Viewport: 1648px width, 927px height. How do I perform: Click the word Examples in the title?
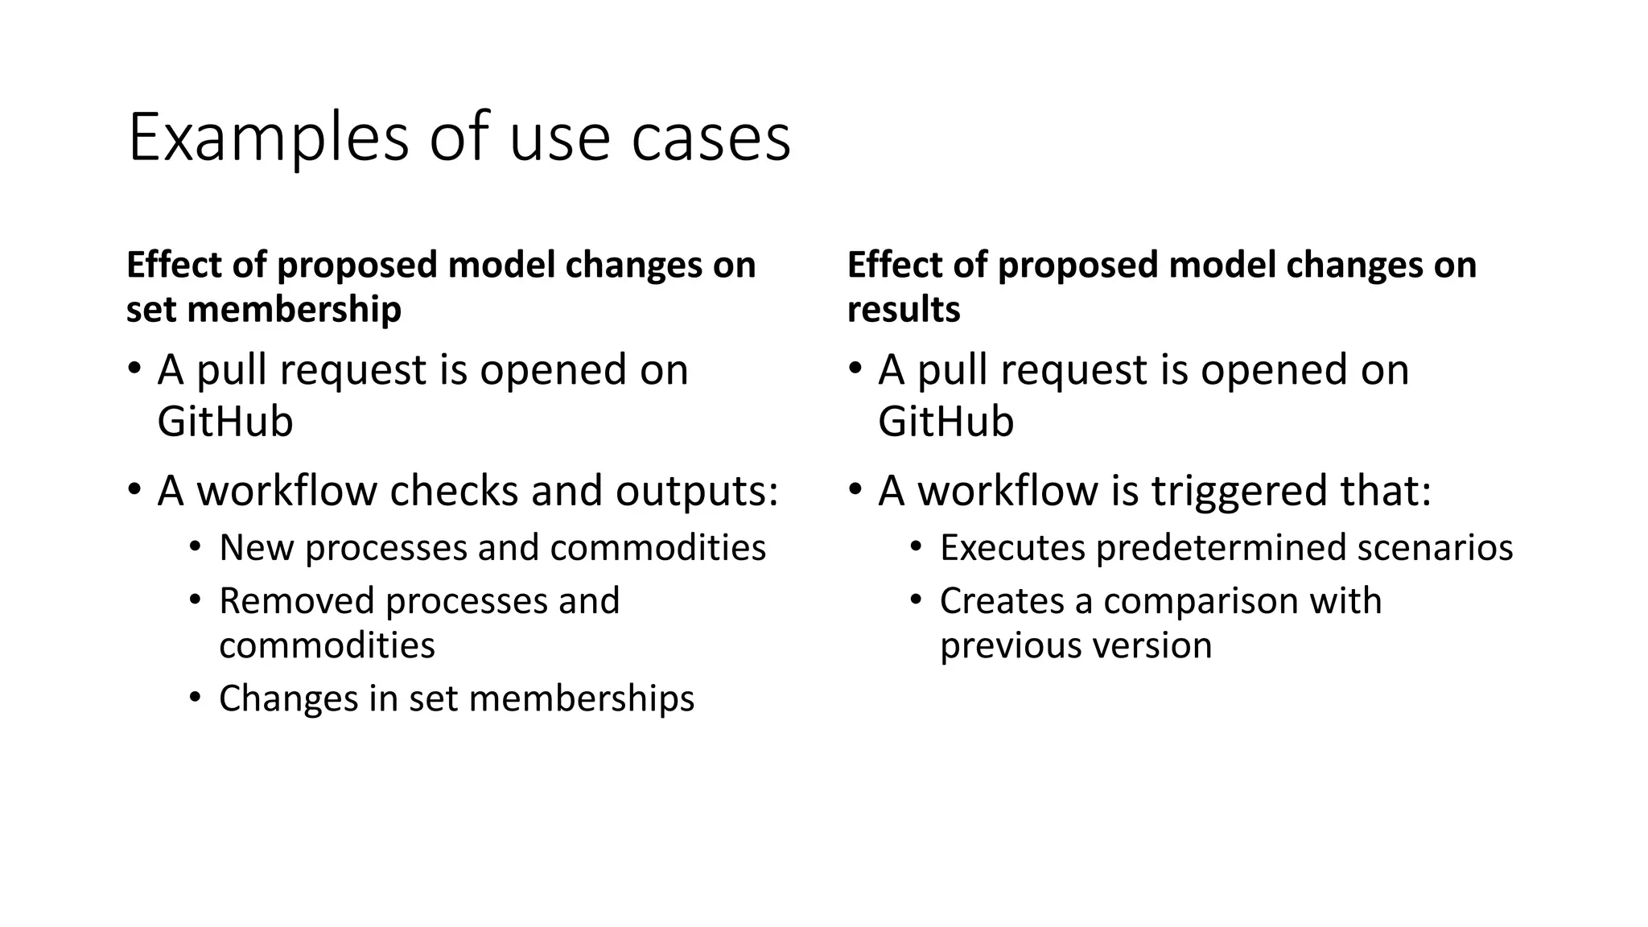[268, 138]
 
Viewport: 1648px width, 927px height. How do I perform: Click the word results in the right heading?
[903, 309]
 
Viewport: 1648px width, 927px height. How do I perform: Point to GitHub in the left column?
[225, 421]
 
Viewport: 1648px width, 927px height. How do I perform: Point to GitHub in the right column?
[946, 421]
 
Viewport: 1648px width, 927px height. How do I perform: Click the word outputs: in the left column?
[697, 490]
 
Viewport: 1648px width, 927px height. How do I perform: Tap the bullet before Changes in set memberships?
[195, 697]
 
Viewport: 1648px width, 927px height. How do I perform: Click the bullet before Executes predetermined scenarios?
[915, 546]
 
